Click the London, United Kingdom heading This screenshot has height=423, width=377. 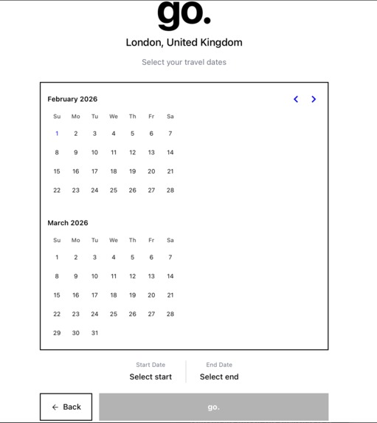[184, 43]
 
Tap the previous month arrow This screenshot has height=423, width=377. [296, 99]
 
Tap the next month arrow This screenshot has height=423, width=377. [314, 99]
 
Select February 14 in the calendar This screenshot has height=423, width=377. [170, 153]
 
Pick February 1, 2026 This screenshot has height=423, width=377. [57, 134]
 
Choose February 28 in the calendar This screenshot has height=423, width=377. [170, 190]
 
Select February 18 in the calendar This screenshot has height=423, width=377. [114, 171]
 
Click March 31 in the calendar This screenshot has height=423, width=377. [94, 333]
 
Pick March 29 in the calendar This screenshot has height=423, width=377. [57, 333]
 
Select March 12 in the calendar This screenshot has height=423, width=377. [133, 276]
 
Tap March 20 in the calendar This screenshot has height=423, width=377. [151, 295]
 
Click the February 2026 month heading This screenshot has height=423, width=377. [72, 99]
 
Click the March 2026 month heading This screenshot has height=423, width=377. [68, 223]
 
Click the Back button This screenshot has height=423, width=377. [66, 407]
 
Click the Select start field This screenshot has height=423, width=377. [151, 376]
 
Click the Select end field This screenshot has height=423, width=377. [219, 376]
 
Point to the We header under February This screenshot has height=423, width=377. [114, 117]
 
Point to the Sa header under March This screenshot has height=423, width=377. [170, 240]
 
